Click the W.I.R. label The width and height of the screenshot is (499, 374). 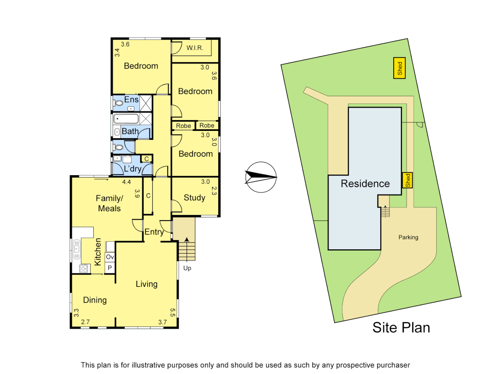coord(195,48)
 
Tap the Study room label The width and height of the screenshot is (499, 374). coord(194,198)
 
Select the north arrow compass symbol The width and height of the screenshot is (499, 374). coord(261,177)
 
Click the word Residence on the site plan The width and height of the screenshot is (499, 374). coord(365,184)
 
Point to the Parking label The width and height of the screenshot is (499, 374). coord(408,237)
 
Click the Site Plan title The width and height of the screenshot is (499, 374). coord(401,328)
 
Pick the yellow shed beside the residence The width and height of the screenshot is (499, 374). coord(408,180)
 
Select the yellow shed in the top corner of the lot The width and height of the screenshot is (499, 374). coord(400,68)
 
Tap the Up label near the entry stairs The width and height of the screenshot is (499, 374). coord(187,268)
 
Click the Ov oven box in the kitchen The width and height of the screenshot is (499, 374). coord(110,257)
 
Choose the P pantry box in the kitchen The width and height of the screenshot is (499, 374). coord(110,268)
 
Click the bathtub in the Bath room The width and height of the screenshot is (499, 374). coord(126,119)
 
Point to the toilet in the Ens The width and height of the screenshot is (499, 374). coord(119,103)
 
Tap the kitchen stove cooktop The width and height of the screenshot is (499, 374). coord(83,269)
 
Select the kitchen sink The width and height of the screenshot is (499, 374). coord(77,249)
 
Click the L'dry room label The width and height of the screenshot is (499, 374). coord(133,169)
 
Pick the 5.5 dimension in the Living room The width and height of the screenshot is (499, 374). coord(173,312)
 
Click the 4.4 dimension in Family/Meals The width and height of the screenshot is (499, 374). coord(126,182)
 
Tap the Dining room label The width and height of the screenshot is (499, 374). coord(95,300)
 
